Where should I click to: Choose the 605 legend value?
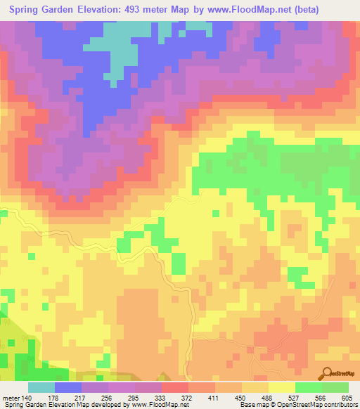tap(347, 398)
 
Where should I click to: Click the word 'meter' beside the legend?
tap(11, 398)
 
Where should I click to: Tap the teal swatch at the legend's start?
tap(41, 387)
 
